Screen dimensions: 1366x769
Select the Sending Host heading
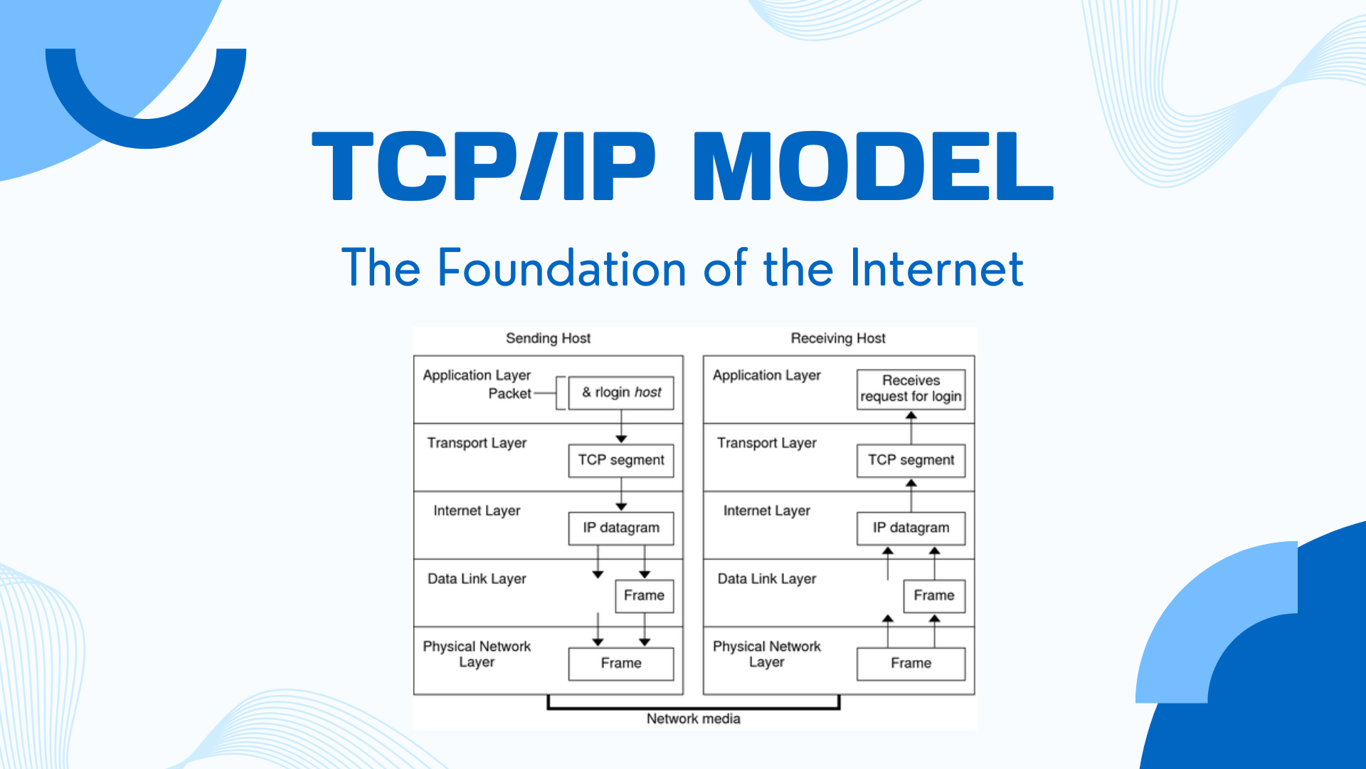click(x=548, y=338)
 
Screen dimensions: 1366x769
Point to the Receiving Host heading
click(x=838, y=338)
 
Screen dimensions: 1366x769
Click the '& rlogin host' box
click(x=621, y=393)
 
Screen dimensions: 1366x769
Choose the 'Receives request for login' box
click(x=911, y=389)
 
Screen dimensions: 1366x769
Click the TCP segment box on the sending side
click(x=621, y=461)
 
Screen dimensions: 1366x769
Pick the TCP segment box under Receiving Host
click(x=911, y=461)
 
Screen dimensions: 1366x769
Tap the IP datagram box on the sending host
click(x=621, y=528)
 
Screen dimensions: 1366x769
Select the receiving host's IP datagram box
click(x=911, y=528)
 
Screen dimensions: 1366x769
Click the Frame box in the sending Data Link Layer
click(x=644, y=596)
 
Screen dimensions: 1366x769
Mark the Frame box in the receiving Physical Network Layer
click(x=911, y=664)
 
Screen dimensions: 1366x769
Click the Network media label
click(x=693, y=719)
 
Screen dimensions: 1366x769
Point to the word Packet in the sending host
click(x=509, y=394)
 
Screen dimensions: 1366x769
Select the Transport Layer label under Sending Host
click(x=477, y=443)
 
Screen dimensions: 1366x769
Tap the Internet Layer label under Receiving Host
click(x=767, y=511)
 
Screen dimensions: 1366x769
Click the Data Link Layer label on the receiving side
click(x=767, y=579)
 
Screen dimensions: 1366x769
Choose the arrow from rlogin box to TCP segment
click(x=621, y=427)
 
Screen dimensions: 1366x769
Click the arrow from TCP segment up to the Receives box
click(x=911, y=427)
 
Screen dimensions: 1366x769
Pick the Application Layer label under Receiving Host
click(x=767, y=375)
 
